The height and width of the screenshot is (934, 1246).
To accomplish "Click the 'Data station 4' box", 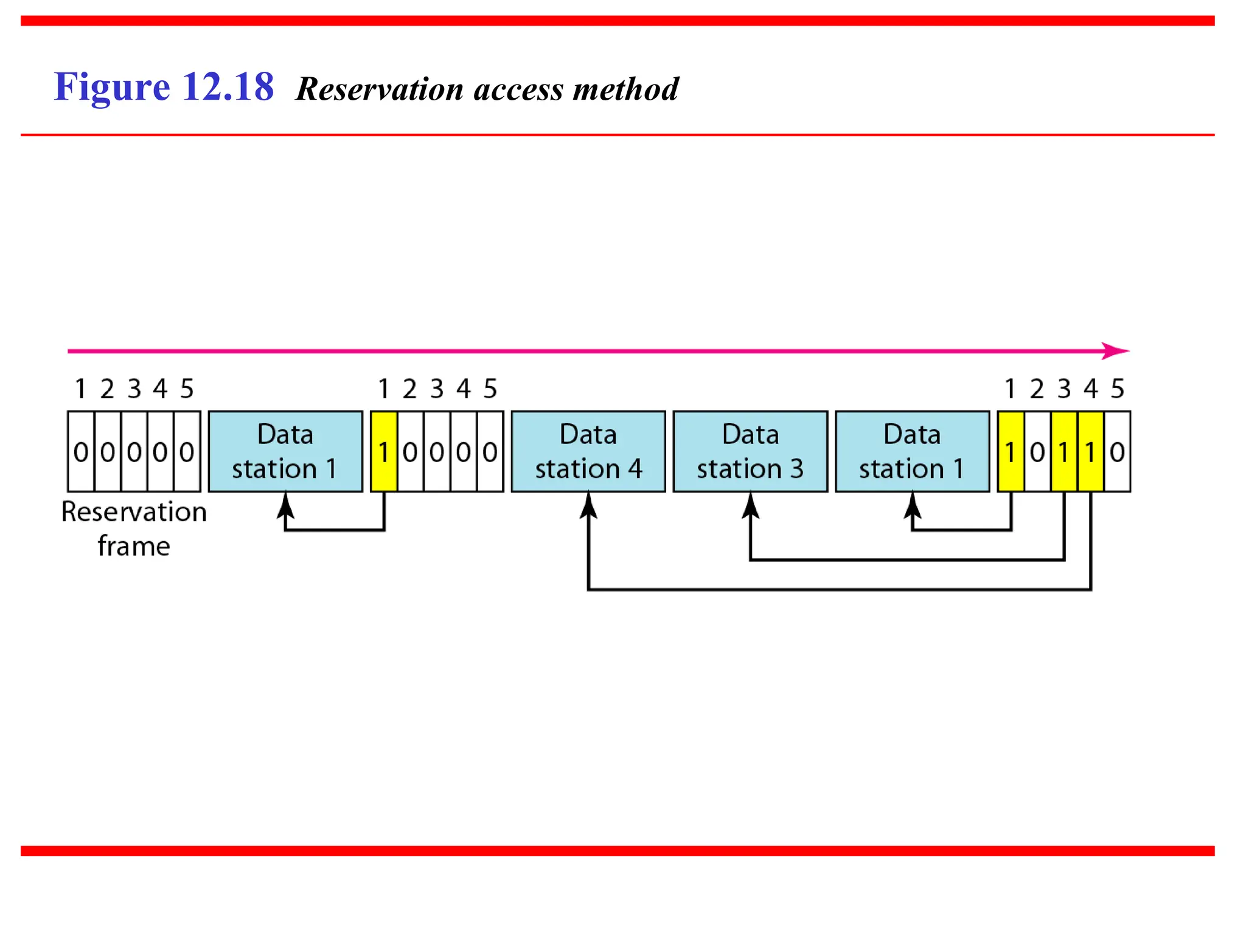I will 588,451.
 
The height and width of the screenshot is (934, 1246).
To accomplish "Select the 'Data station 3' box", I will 750,451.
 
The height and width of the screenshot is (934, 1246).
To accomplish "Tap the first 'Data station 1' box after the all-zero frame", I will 285,451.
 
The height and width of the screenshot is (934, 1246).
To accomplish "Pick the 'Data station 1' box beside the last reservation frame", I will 912,451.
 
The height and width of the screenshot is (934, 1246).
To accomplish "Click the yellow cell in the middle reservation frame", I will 383,451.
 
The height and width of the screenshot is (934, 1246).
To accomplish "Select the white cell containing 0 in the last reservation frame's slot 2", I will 1037,451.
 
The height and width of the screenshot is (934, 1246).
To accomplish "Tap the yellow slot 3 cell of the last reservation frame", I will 1063,451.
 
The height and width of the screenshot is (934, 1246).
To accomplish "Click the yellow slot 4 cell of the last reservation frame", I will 1090,451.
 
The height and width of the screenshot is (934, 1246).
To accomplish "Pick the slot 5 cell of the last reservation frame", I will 1117,451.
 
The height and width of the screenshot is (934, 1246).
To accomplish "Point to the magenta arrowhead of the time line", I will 1117,351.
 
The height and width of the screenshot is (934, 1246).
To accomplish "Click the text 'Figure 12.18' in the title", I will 164,87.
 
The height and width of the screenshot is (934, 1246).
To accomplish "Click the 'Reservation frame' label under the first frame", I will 134,528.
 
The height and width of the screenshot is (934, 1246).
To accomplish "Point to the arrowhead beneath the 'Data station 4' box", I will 588,505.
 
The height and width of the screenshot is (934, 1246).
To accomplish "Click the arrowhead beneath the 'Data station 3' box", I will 750,505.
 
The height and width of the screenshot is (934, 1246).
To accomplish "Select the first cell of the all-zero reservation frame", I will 80,451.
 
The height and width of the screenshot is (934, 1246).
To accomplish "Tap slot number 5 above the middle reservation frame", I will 490,389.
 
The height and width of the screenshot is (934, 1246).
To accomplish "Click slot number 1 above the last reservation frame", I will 1010,389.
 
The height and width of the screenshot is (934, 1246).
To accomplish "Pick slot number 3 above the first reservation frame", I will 134,389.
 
